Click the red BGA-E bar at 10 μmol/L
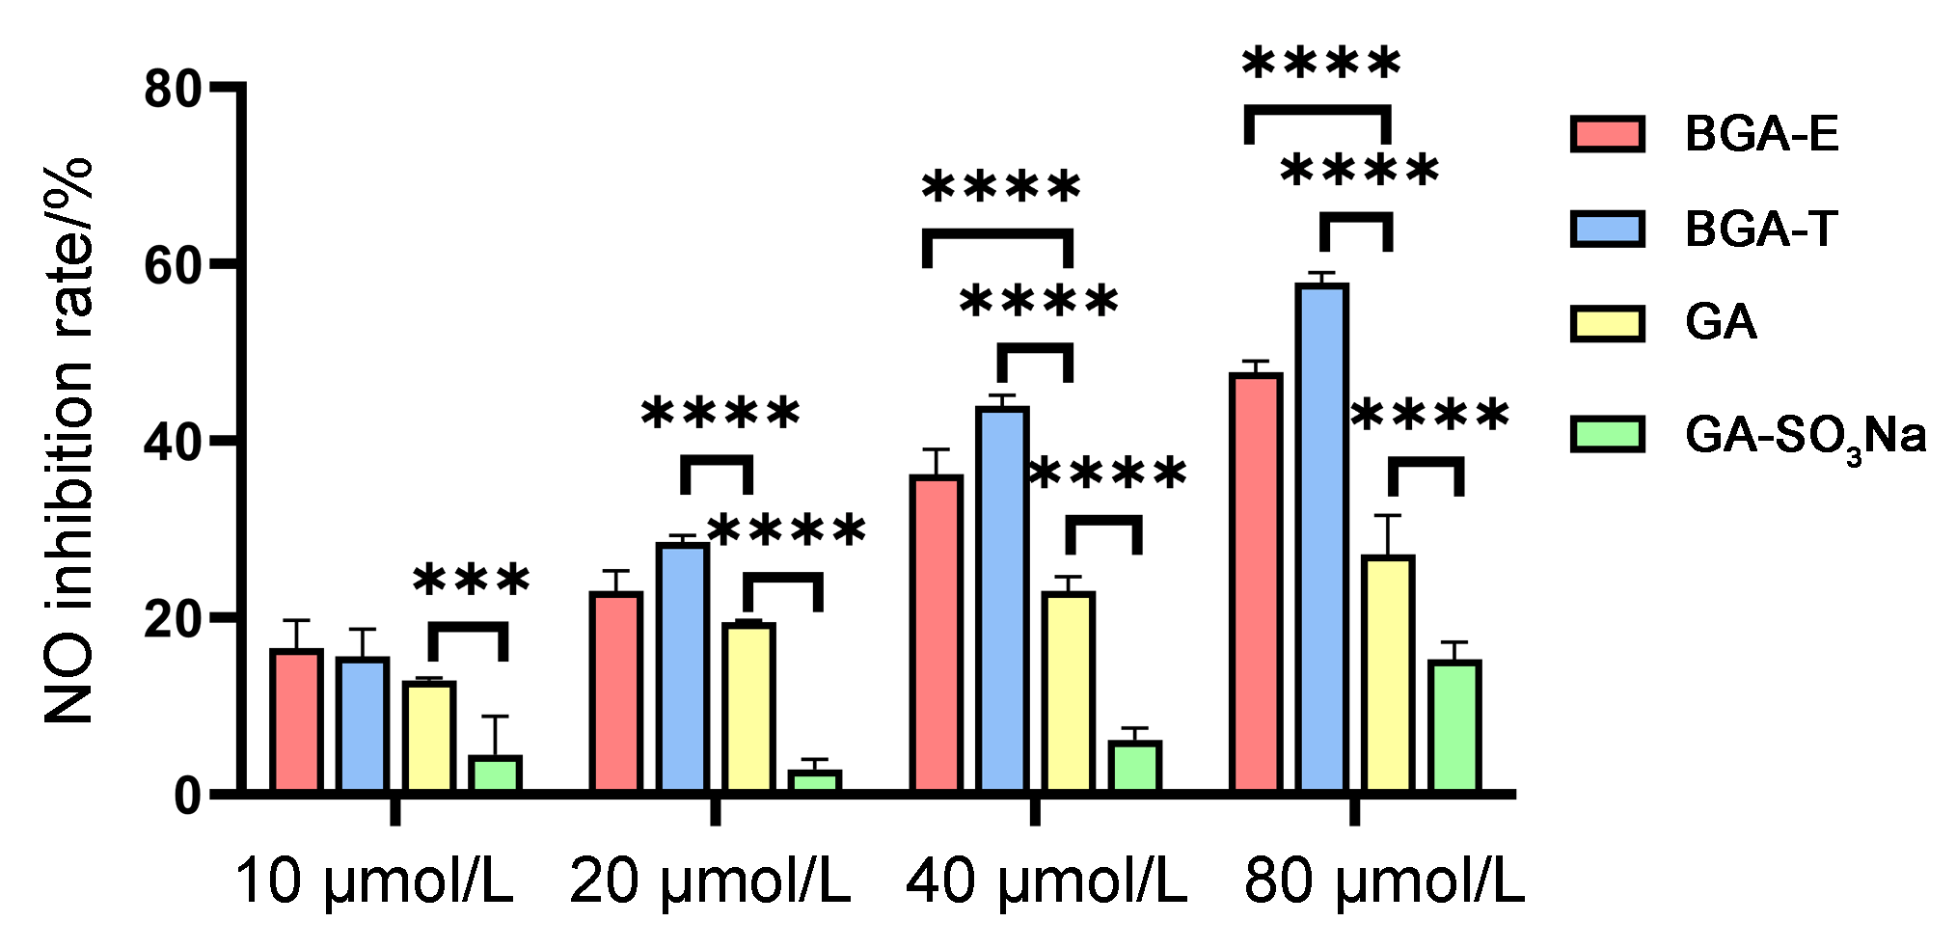296,721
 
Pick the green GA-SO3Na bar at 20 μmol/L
815,781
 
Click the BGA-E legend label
1761,133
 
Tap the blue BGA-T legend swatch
1607,229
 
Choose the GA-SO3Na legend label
1805,436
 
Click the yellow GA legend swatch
1607,323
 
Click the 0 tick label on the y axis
187,796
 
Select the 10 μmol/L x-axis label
373,881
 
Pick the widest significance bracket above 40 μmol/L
998,233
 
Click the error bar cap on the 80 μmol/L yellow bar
1387,516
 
